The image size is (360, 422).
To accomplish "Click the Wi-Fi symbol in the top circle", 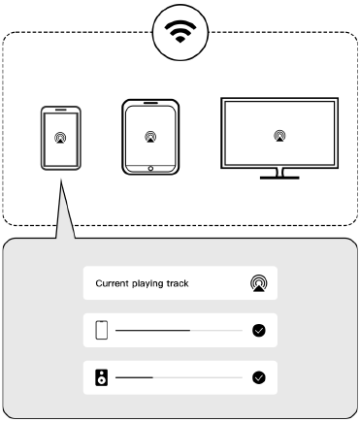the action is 180,31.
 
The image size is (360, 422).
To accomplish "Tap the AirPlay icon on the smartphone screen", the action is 60,138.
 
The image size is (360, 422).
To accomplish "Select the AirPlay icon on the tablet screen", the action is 150,137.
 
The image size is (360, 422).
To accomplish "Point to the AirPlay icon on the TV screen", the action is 279,136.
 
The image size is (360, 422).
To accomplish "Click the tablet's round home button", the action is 150,169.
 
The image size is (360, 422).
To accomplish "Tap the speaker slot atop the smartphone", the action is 61,110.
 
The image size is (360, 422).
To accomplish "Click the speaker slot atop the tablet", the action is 150,103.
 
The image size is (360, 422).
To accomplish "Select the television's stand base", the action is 279,178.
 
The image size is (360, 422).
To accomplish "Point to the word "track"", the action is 178,283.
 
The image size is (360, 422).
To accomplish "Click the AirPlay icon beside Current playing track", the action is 259,283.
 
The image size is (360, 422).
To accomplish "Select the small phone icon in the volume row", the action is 102,330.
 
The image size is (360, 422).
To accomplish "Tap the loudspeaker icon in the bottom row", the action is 102,377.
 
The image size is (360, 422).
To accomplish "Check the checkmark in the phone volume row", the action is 259,331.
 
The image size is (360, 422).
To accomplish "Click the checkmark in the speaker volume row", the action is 259,377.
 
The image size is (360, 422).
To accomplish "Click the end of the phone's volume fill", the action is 190,331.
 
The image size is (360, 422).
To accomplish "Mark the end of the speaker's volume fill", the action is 152,377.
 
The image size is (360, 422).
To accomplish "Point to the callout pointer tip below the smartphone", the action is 61,179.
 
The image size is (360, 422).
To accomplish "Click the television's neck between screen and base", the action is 279,173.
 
